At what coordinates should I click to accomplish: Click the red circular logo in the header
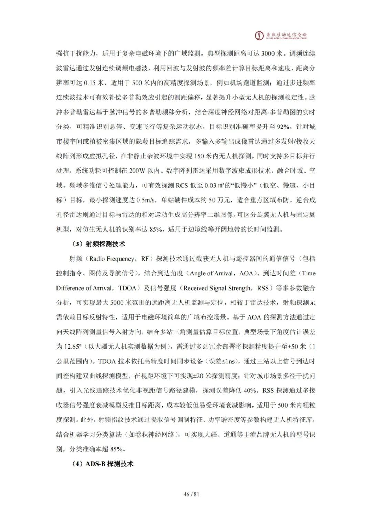tap(259, 36)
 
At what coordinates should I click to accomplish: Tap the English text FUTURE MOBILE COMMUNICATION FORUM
tap(286, 39)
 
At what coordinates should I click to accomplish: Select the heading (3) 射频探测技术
tap(99, 244)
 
